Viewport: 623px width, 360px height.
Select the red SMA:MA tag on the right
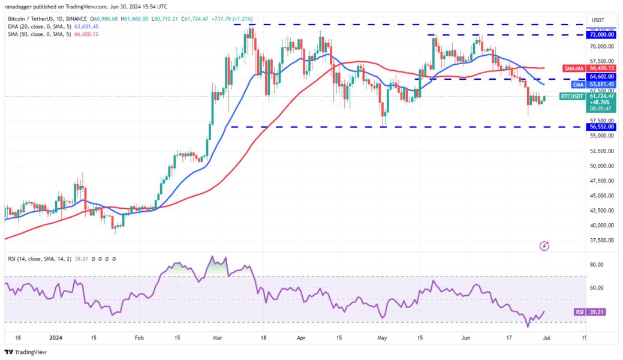(572, 68)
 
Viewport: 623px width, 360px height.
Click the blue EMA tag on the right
(574, 85)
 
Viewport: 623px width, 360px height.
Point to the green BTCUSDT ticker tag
(573, 96)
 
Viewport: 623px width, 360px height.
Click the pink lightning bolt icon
(544, 245)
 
